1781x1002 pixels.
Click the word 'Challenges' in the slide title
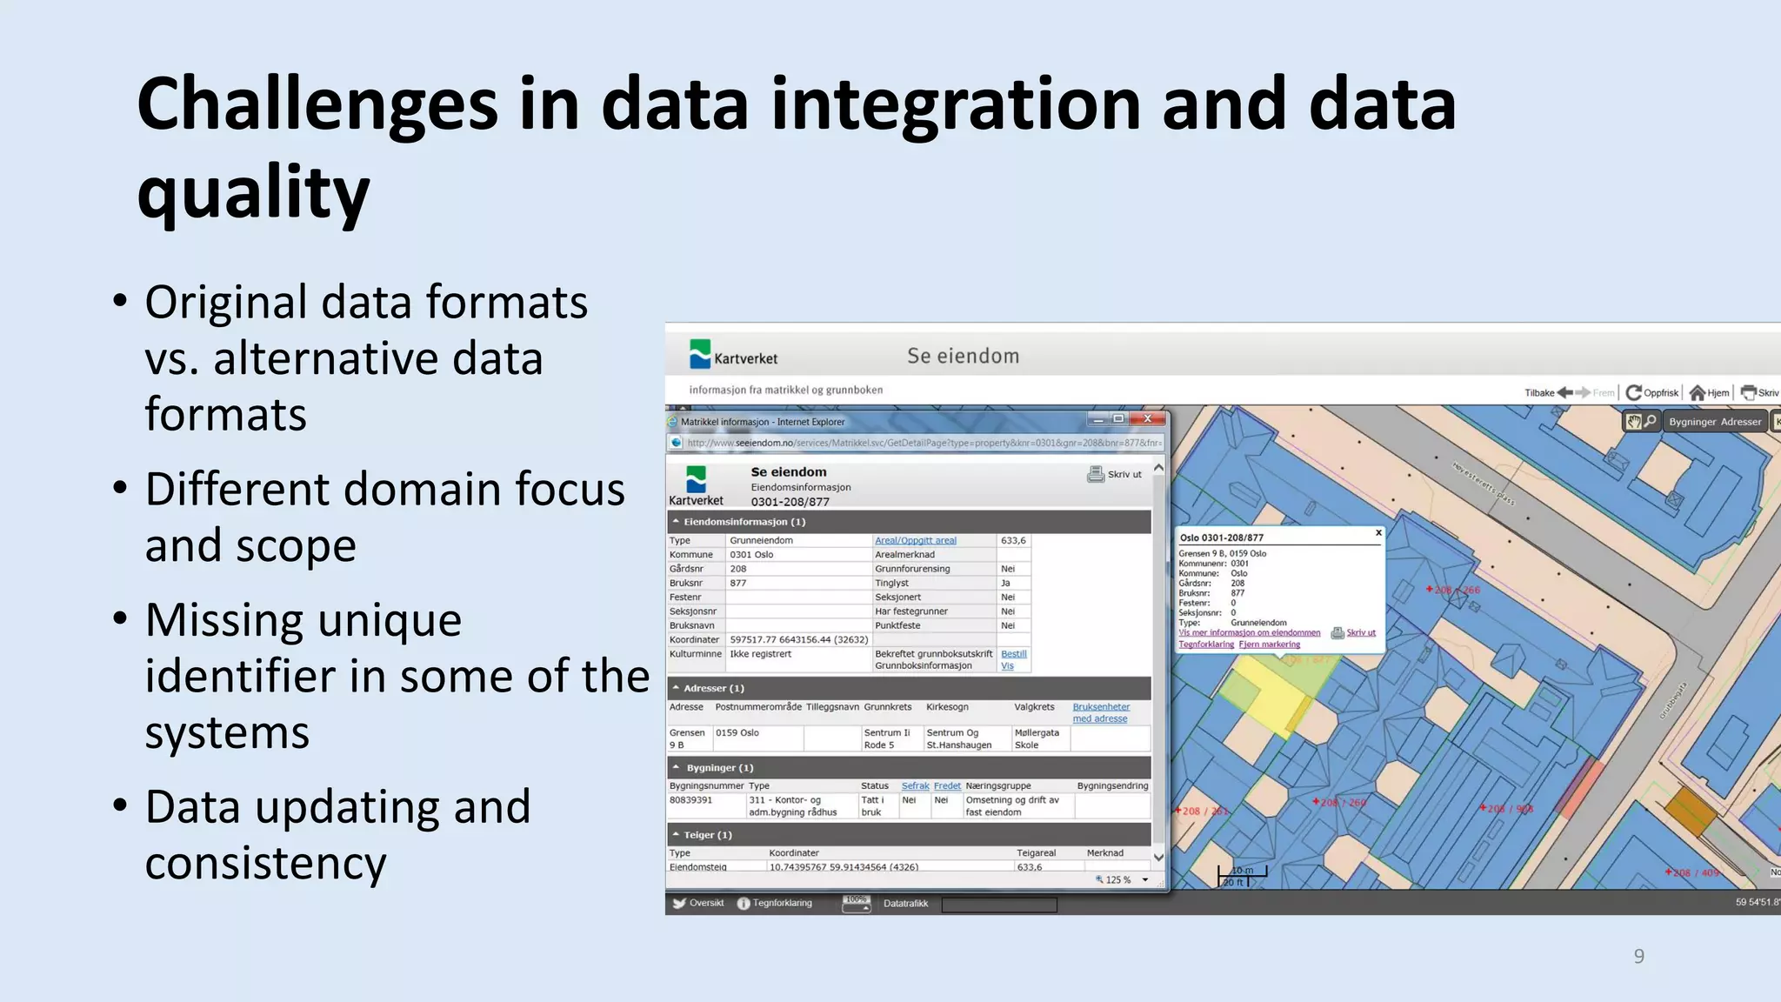coord(317,104)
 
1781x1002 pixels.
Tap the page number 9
coord(1638,956)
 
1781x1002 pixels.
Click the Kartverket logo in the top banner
coord(732,356)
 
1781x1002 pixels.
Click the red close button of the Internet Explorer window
coord(1148,419)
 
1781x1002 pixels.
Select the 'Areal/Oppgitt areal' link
coord(915,540)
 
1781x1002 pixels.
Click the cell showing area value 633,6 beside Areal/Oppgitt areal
coord(1013,540)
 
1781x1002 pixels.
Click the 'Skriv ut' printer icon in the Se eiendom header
coord(1096,474)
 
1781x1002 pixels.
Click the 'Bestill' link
coord(1013,654)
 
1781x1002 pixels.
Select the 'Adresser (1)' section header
coord(713,688)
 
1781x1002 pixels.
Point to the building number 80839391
coord(690,800)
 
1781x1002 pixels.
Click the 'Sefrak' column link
coord(915,785)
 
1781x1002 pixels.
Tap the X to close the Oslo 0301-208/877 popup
coord(1378,532)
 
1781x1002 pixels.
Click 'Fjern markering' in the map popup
coord(1269,645)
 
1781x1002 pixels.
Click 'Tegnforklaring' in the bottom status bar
coord(781,903)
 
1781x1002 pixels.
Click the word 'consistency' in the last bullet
coord(265,864)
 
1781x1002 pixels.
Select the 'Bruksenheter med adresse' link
coord(1100,712)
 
